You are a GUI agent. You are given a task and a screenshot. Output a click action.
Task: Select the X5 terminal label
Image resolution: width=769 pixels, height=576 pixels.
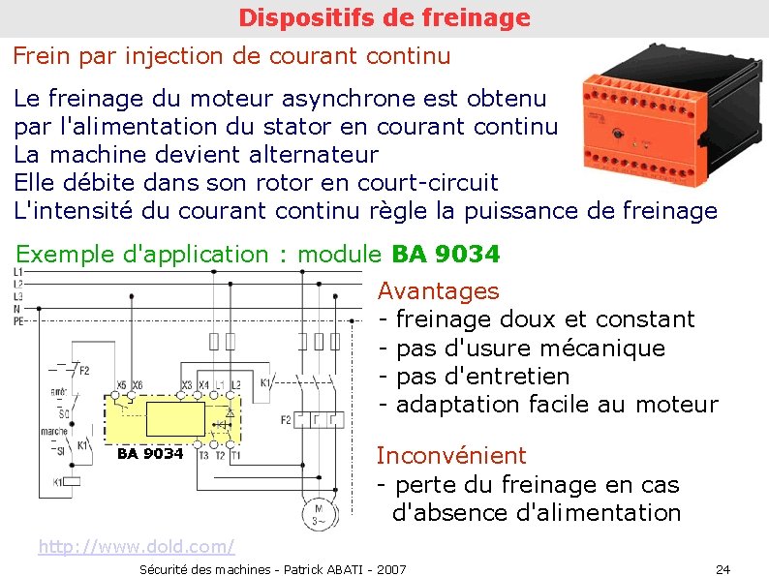(x=121, y=385)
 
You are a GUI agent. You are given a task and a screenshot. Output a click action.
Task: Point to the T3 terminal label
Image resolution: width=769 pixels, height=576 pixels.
(x=202, y=455)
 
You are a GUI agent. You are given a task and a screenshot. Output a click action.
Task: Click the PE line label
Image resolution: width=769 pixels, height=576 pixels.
(x=19, y=320)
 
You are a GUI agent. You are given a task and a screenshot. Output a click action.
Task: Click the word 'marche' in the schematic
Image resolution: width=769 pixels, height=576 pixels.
(x=52, y=433)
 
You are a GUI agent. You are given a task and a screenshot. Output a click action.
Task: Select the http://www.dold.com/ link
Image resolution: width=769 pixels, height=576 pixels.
(x=136, y=548)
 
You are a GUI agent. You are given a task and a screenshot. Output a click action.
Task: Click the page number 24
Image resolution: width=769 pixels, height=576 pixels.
(x=723, y=568)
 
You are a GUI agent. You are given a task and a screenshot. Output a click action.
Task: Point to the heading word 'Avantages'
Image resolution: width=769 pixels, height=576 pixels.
(x=438, y=290)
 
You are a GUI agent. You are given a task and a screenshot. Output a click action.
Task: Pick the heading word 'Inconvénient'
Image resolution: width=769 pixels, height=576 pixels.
(x=451, y=455)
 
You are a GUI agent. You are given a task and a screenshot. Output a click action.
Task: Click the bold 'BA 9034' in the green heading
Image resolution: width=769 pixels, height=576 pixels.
(x=446, y=255)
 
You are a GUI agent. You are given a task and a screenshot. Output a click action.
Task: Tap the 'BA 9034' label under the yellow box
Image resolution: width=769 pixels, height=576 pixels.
(x=149, y=454)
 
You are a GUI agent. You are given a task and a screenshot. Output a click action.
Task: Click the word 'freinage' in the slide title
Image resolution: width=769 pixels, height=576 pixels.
(x=480, y=17)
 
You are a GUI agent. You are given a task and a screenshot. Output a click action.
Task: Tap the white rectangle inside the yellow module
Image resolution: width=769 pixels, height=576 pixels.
(x=175, y=419)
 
